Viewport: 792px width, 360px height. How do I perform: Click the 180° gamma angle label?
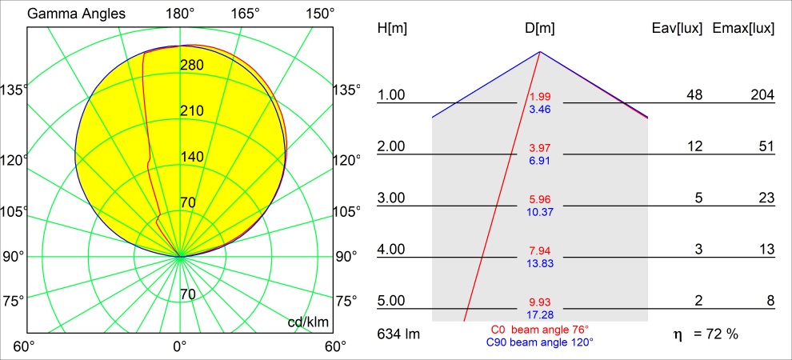coord(180,14)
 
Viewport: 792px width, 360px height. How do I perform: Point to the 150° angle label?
coord(319,14)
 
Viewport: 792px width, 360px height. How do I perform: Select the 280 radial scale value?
coord(192,65)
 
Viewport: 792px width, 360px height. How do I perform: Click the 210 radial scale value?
coord(192,110)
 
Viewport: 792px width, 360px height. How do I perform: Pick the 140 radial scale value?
coord(192,157)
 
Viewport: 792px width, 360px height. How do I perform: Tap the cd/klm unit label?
coord(307,322)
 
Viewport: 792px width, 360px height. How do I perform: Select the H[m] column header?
coord(392,29)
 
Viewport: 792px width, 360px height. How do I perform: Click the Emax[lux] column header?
coord(742,29)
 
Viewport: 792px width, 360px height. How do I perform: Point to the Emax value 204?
coord(762,96)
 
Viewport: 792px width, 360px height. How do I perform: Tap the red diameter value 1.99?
coord(539,98)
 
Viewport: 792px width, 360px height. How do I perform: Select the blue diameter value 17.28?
coord(539,314)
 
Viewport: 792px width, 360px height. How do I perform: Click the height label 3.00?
coord(391,198)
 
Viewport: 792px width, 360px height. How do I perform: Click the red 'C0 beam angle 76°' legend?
coord(540,330)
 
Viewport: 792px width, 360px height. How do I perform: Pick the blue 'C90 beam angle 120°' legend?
coord(540,342)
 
